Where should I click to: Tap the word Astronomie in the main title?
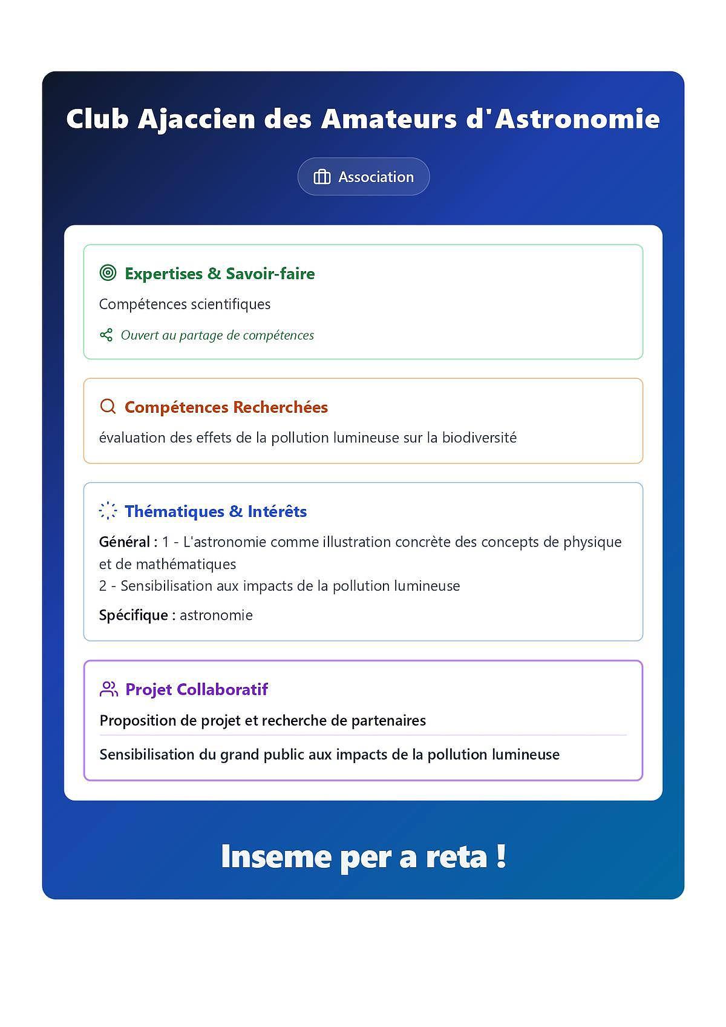[577, 119]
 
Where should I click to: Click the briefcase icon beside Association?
[322, 177]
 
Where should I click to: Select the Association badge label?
[376, 177]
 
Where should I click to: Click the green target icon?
[108, 273]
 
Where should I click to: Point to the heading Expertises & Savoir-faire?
[220, 274]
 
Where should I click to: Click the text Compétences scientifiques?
[185, 304]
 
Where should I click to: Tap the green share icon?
[106, 335]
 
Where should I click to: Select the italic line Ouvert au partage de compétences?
[217, 335]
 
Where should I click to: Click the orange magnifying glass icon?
[108, 407]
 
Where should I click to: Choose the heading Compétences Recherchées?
[226, 407]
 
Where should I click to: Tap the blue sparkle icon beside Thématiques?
[108, 511]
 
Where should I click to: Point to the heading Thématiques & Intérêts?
[215, 511]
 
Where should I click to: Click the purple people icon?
[109, 689]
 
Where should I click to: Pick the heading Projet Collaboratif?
[196, 689]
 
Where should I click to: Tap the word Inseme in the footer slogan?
[276, 856]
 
